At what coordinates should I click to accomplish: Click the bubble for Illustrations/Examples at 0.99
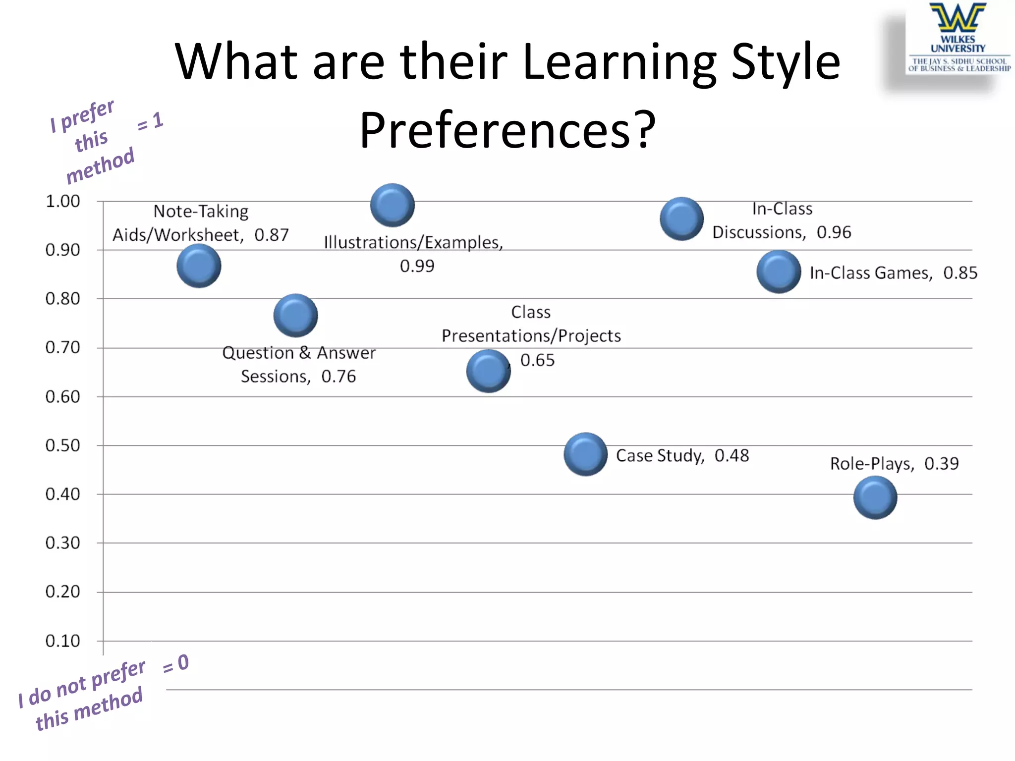pyautogui.click(x=392, y=205)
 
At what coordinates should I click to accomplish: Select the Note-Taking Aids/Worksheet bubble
pyautogui.click(x=199, y=266)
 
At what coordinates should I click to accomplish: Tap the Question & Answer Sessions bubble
pyautogui.click(x=295, y=316)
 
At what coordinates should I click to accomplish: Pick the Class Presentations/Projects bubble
pyautogui.click(x=488, y=371)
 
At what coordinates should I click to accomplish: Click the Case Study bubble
pyautogui.click(x=585, y=454)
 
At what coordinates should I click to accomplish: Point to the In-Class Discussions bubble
pyautogui.click(x=681, y=219)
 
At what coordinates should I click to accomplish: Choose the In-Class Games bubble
pyautogui.click(x=778, y=272)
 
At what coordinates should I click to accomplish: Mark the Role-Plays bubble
pyautogui.click(x=875, y=497)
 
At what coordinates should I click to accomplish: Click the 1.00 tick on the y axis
pyautogui.click(x=63, y=201)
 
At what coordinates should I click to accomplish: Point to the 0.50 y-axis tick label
pyautogui.click(x=63, y=445)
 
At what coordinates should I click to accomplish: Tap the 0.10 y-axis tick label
pyautogui.click(x=63, y=641)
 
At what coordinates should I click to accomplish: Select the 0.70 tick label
pyautogui.click(x=63, y=348)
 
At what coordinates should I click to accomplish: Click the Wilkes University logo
pyautogui.click(x=959, y=38)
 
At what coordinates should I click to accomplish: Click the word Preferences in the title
pyautogui.click(x=507, y=130)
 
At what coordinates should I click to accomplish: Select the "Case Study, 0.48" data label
pyautogui.click(x=682, y=456)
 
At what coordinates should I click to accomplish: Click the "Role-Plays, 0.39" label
pyautogui.click(x=894, y=464)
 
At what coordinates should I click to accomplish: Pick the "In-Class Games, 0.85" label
pyautogui.click(x=893, y=273)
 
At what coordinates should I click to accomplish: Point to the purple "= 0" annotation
pyautogui.click(x=176, y=663)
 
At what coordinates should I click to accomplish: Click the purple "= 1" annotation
pyautogui.click(x=151, y=121)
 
